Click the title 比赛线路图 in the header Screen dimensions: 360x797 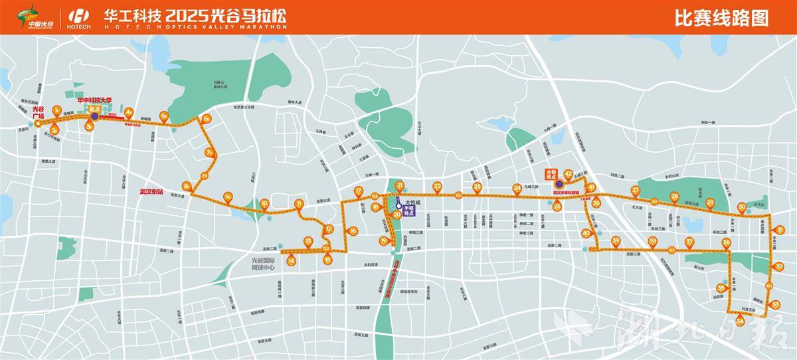coord(721,18)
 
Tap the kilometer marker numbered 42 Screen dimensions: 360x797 coord(568,174)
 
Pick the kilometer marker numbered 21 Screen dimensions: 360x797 coord(399,185)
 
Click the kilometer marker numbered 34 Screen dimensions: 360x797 coord(739,321)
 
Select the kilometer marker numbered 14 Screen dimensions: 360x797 coord(292,261)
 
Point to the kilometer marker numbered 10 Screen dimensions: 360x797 coord(264,203)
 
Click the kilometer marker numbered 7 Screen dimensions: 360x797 coord(209,152)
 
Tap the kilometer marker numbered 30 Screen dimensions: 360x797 coord(742,207)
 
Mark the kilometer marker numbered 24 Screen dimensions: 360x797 coord(517,188)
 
